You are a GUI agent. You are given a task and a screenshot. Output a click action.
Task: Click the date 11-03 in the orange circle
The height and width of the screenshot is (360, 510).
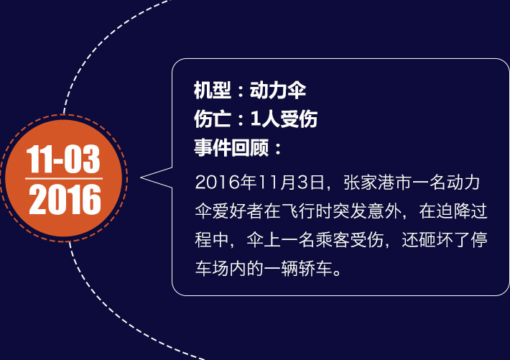pos(63,159)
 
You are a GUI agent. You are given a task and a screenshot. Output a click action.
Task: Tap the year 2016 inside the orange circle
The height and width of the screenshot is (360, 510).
pos(65,199)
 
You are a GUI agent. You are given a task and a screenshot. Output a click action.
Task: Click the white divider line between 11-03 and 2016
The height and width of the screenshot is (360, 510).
pos(64,178)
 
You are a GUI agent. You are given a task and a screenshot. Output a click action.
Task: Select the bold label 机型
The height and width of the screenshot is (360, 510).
pos(213,90)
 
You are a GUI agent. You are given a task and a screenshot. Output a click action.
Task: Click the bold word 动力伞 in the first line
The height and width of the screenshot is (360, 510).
pos(278,90)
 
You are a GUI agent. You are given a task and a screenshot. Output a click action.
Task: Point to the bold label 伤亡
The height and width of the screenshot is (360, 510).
pos(213,119)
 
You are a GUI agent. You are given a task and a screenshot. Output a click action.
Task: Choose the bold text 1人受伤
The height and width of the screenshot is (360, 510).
pos(284,119)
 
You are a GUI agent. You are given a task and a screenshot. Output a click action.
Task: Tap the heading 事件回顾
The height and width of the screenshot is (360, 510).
pos(231,148)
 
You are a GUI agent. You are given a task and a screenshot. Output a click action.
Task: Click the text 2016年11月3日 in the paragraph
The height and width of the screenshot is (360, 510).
pos(259,183)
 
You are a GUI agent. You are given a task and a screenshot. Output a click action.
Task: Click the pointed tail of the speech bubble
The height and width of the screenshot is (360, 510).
pos(142,177)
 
